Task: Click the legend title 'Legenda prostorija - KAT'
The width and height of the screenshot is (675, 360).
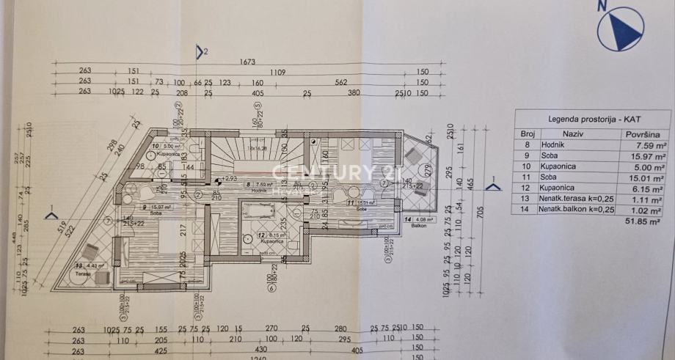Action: coord(592,118)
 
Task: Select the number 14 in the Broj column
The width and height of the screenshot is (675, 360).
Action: coord(526,210)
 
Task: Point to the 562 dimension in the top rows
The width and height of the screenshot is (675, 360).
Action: coord(341,83)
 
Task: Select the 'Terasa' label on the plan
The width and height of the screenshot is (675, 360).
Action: coord(83,273)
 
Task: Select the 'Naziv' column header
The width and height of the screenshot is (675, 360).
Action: coord(572,135)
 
